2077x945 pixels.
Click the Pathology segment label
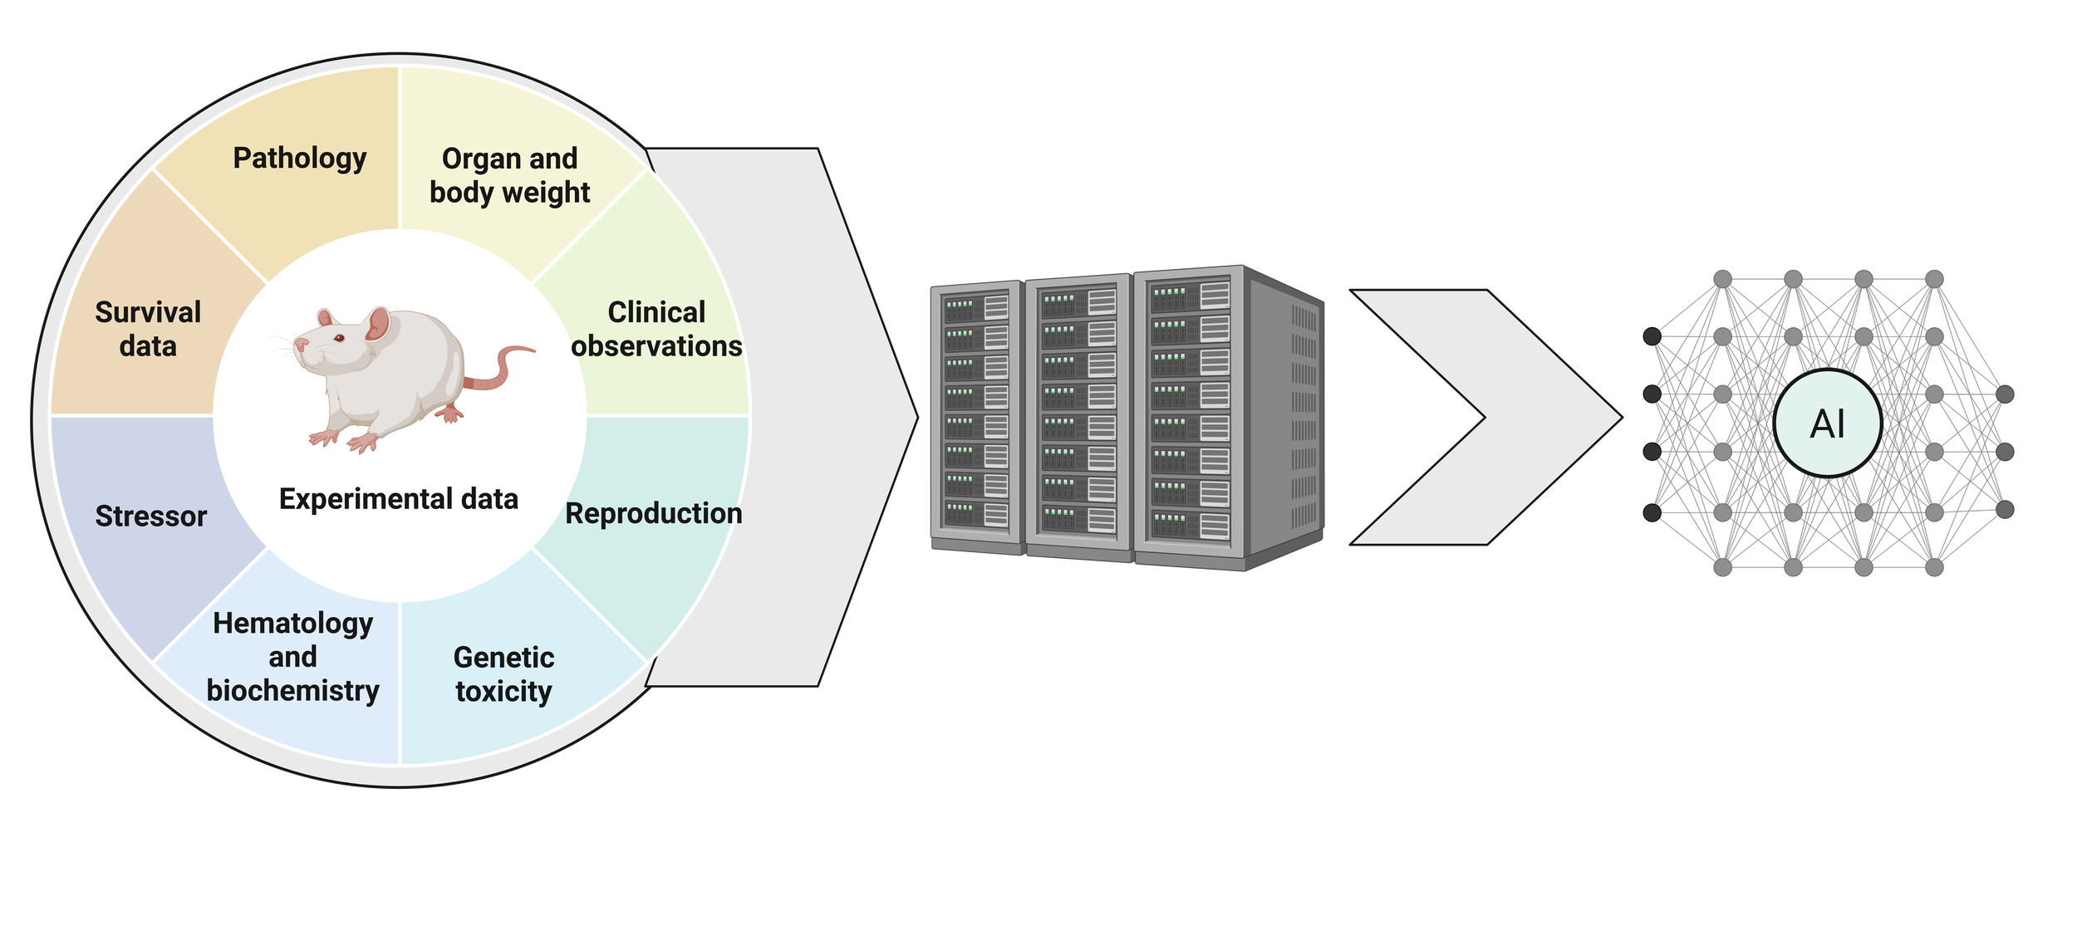(299, 158)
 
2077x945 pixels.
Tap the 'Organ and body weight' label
(509, 175)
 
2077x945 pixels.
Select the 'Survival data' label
(148, 329)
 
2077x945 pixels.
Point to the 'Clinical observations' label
(656, 329)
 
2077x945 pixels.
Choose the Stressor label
(150, 516)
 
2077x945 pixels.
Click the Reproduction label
(654, 513)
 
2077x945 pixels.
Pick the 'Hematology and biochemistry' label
(292, 656)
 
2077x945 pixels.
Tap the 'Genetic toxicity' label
(503, 673)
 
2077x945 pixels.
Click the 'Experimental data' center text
(399, 499)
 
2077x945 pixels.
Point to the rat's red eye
(339, 337)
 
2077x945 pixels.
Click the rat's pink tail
(507, 365)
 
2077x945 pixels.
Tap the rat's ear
(378, 324)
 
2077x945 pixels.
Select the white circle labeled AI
(1827, 424)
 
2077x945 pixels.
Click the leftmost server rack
(977, 415)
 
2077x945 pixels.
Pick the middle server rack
(1078, 415)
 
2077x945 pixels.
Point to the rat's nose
(298, 344)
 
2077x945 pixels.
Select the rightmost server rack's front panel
(1190, 415)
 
